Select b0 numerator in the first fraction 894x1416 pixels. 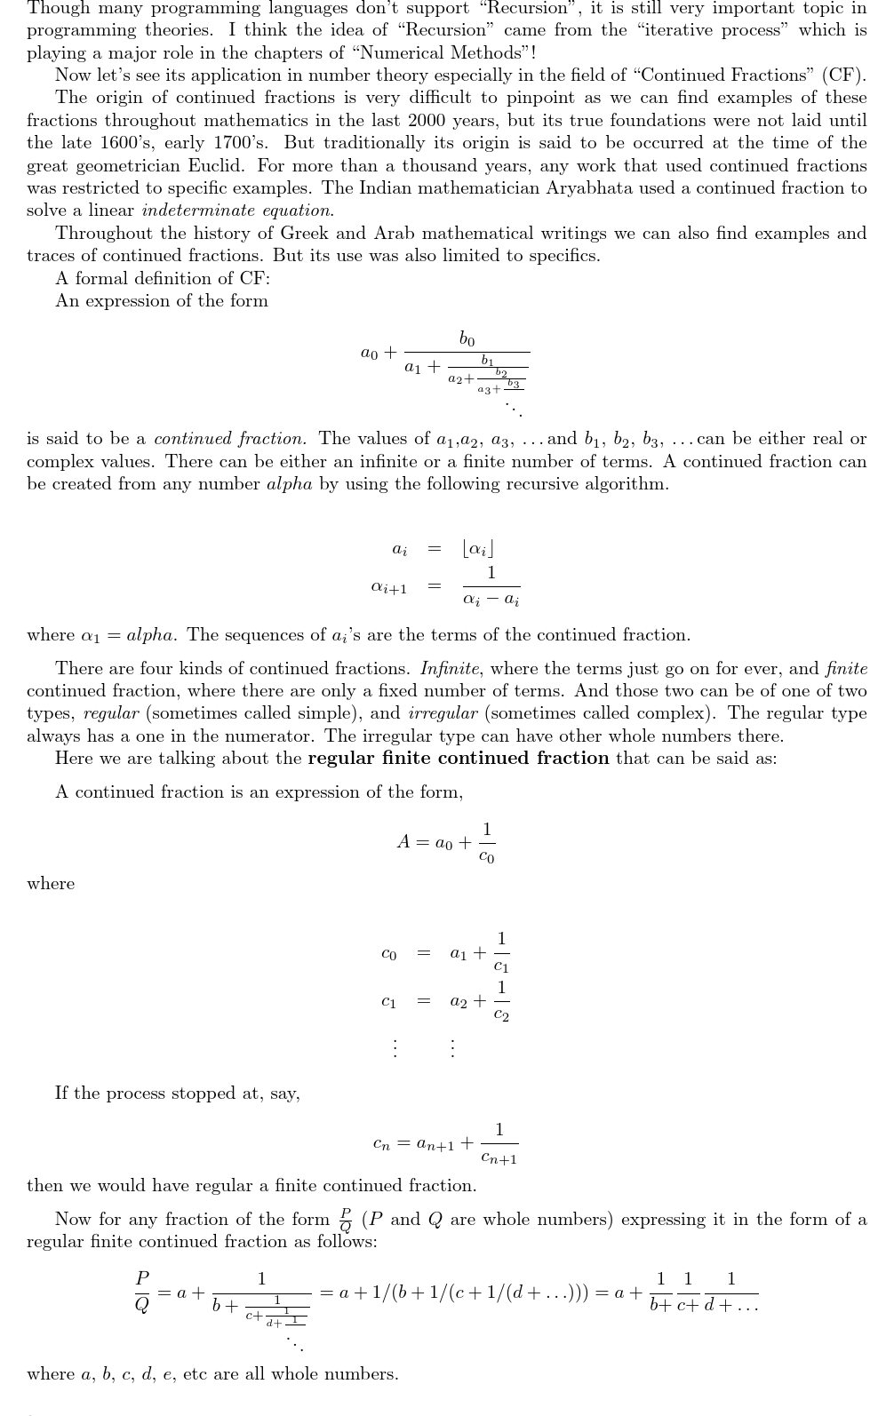click(x=467, y=338)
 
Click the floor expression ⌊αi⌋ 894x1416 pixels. click(x=477, y=549)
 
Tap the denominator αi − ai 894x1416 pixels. click(x=491, y=600)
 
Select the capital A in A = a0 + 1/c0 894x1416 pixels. click(x=403, y=841)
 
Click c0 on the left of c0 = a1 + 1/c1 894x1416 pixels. click(x=388, y=953)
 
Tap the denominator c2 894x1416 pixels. click(x=501, y=1014)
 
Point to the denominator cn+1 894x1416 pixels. click(x=499, y=1157)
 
